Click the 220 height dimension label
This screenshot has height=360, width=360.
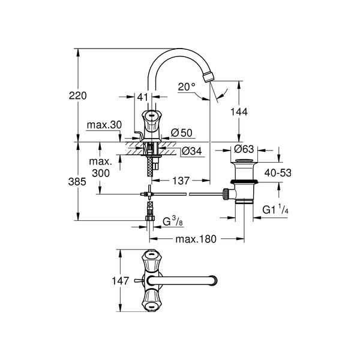[78, 95]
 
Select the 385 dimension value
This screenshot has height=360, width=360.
[77, 182]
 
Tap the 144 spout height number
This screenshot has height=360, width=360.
[239, 112]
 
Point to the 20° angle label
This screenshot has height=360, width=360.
[187, 87]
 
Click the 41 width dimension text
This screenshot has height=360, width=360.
[143, 97]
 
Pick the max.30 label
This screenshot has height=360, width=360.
[104, 125]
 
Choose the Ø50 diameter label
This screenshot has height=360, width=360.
[182, 133]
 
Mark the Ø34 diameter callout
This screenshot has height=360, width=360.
[192, 151]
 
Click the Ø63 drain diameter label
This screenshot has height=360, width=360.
[244, 149]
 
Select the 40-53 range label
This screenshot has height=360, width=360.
[278, 173]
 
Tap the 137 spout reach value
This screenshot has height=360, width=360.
[181, 181]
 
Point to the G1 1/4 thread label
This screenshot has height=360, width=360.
[275, 209]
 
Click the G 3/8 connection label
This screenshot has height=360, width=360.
[173, 222]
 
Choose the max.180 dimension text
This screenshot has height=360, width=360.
[196, 239]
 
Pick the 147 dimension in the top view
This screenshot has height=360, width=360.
[121, 281]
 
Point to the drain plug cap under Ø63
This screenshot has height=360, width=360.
[244, 160]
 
